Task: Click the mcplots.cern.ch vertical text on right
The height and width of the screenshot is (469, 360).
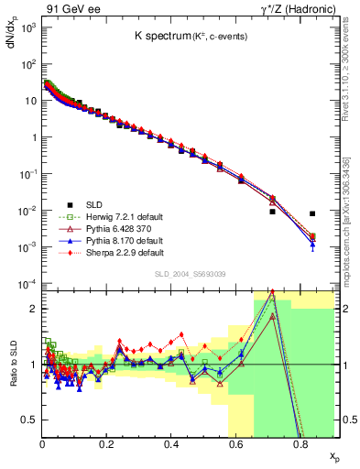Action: (x=351, y=225)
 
